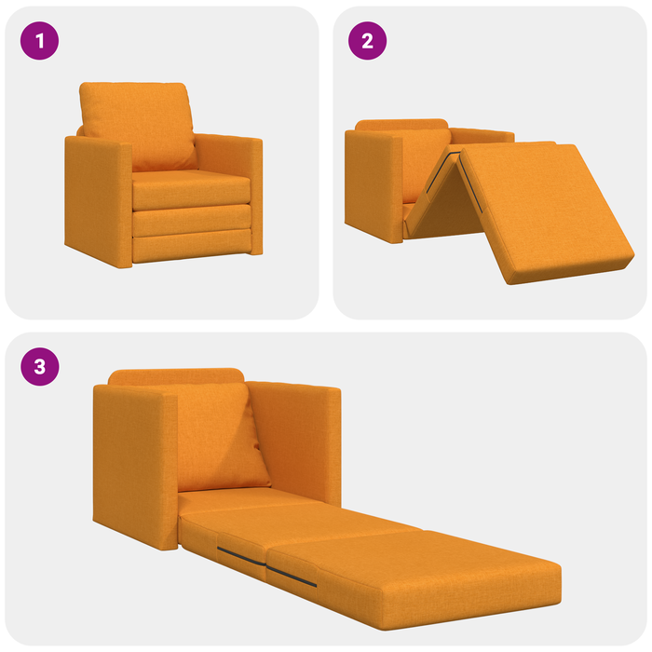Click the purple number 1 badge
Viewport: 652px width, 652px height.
39,41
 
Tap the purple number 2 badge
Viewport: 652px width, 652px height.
367,41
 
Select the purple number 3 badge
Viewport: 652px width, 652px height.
39,366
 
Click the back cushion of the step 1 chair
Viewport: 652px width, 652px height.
138,121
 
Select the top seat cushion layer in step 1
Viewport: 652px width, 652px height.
191,192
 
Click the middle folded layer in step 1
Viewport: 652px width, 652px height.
191,220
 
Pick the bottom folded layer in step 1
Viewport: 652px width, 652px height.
191,247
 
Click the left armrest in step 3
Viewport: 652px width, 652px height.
130,466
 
